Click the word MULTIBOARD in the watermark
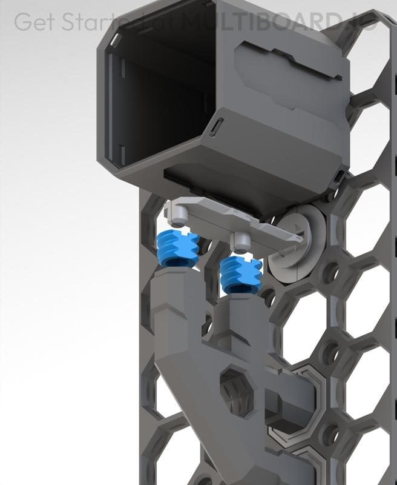(x=254, y=22)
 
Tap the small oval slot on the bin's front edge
(x=217, y=127)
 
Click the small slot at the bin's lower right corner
(x=339, y=176)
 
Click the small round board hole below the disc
(x=330, y=273)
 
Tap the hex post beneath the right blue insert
(x=242, y=315)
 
